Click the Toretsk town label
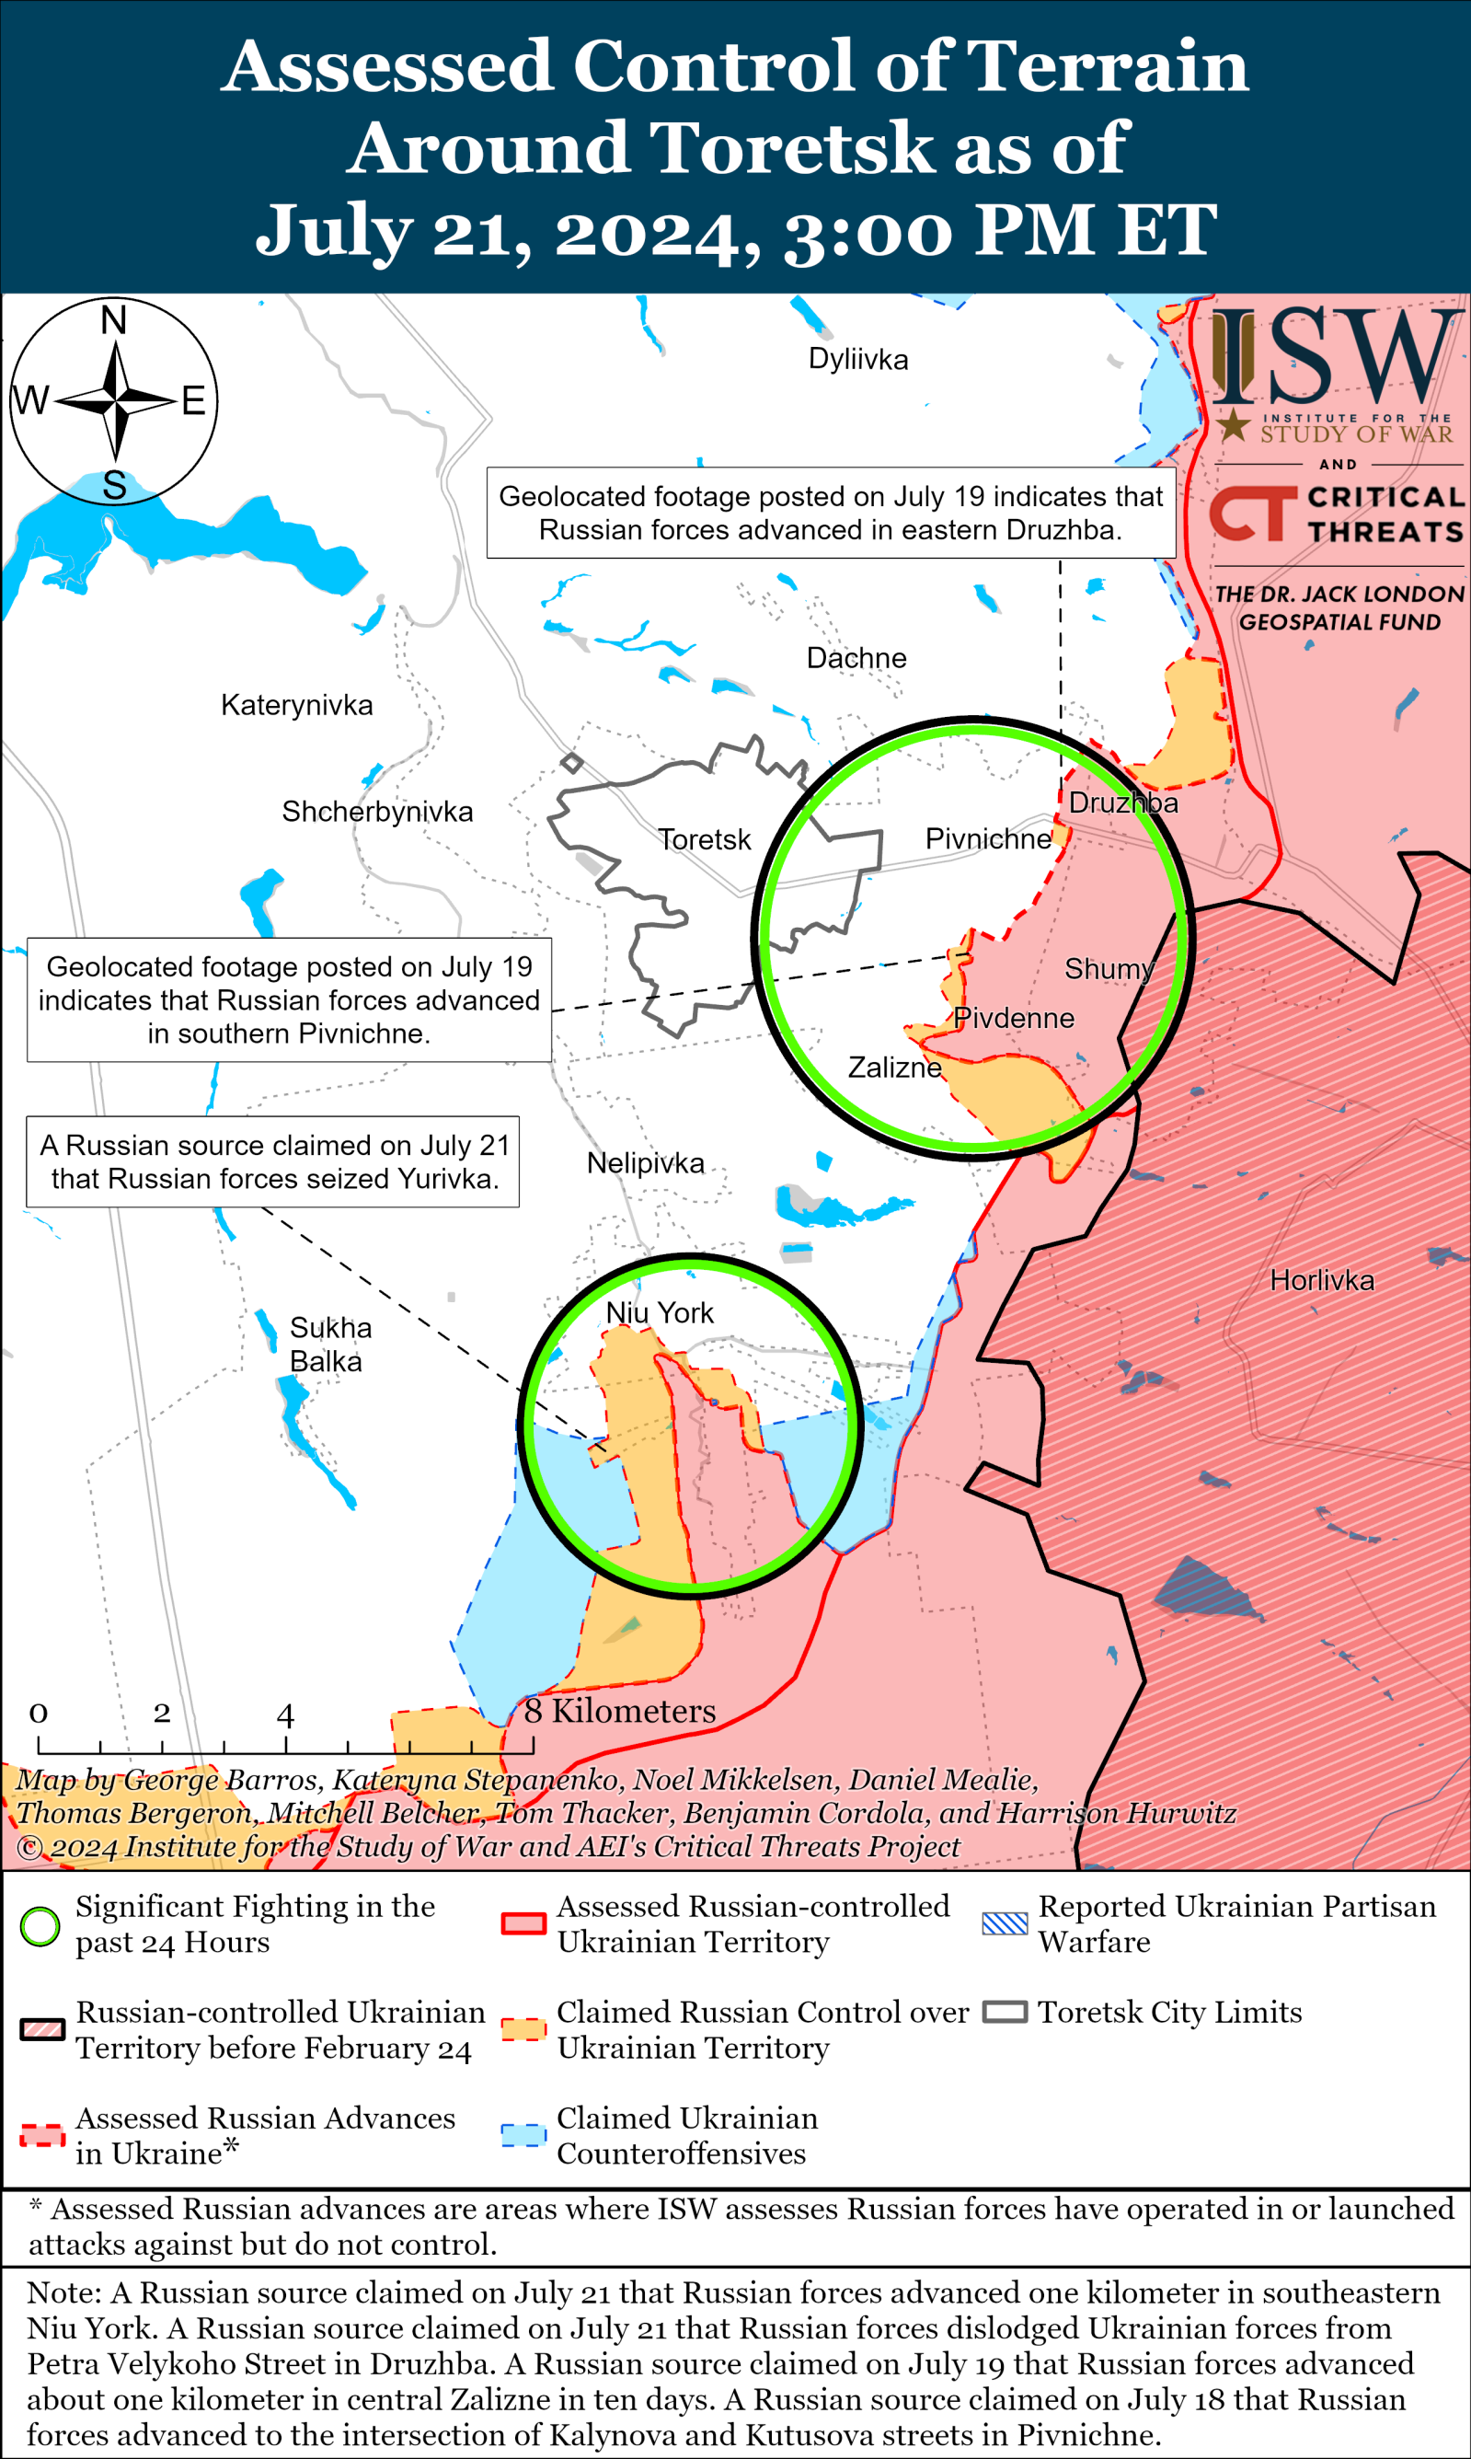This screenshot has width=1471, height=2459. click(x=705, y=840)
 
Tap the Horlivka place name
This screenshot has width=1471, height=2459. click(x=1321, y=1280)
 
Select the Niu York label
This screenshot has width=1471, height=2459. click(x=660, y=1313)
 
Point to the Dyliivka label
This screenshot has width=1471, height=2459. click(x=857, y=359)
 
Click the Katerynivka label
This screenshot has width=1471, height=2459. click(x=296, y=705)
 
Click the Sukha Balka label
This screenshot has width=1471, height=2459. click(x=329, y=1345)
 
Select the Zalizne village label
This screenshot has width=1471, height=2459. click(x=894, y=1067)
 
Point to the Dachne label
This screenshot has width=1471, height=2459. click(x=856, y=657)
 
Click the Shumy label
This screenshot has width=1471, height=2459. click(x=1109, y=969)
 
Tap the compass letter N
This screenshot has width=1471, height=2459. click(x=114, y=320)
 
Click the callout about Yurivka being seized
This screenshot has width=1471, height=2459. click(x=272, y=1161)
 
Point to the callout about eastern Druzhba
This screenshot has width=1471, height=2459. click(x=831, y=513)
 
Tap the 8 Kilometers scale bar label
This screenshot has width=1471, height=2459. click(x=619, y=1711)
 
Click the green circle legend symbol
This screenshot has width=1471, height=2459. click(x=40, y=1925)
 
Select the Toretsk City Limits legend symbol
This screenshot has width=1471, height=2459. click(x=1005, y=2012)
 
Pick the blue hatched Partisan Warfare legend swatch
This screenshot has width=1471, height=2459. click(x=1005, y=1923)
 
